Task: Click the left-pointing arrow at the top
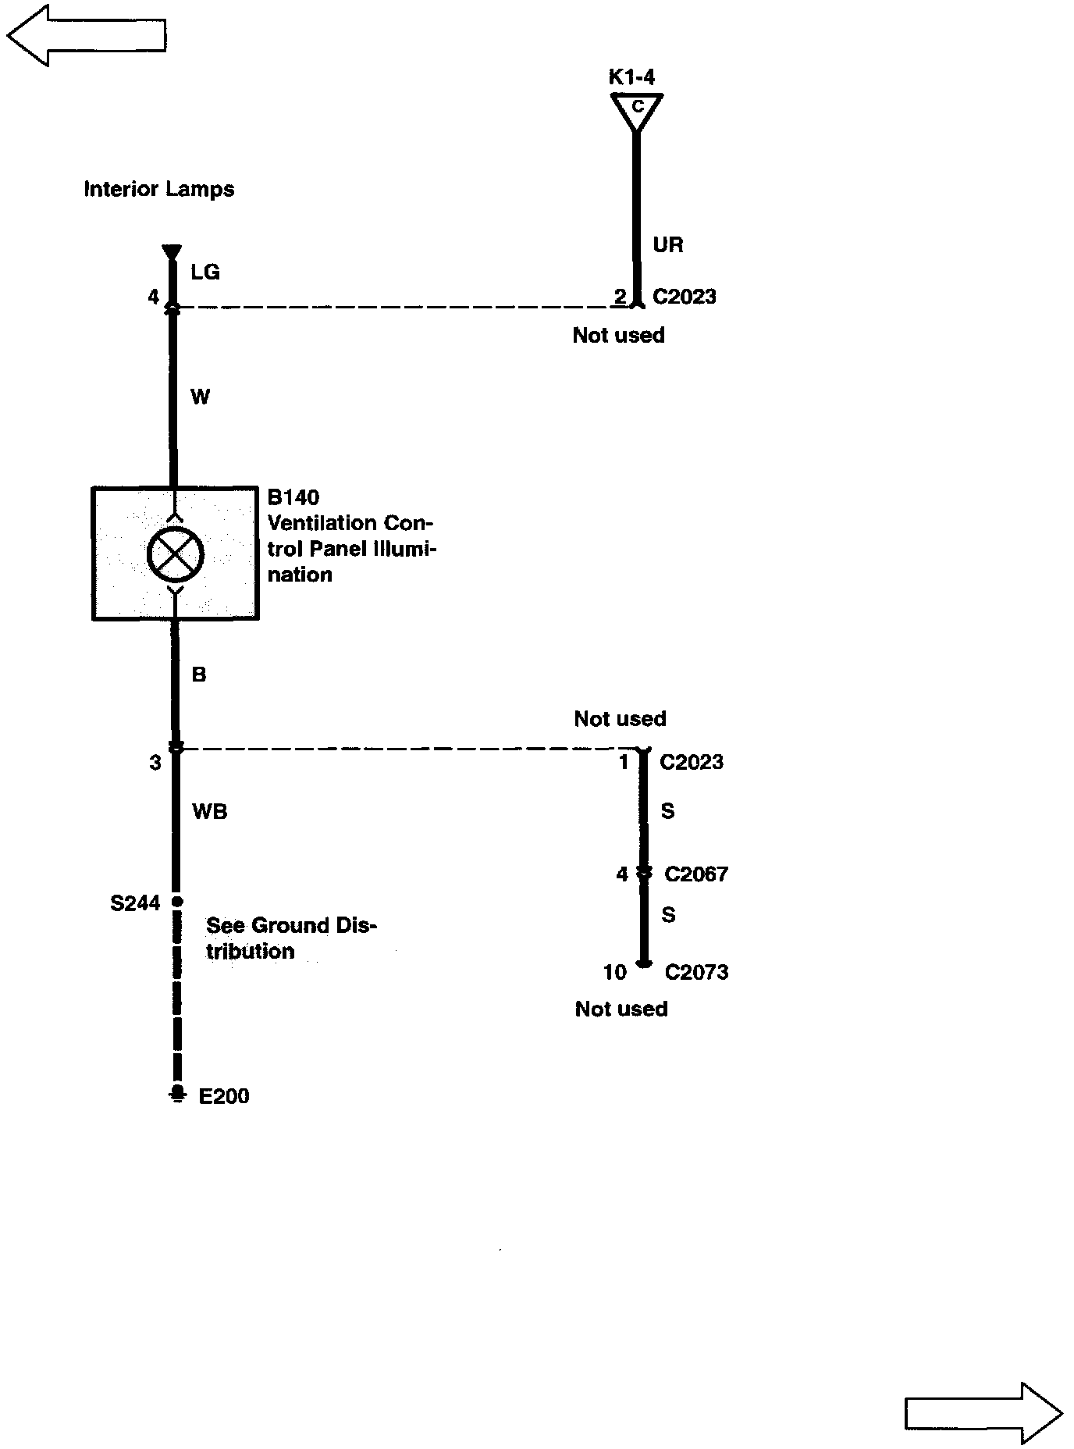86,35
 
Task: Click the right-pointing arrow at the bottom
983,1413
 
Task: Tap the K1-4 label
631,77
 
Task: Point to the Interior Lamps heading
159,190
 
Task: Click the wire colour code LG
205,272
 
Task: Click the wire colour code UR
668,245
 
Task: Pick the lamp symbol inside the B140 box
175,554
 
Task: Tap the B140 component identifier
293,497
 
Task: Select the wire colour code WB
209,812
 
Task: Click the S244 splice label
135,903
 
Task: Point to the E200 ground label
224,1096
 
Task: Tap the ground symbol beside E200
178,1093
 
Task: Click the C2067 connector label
696,874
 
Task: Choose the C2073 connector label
696,972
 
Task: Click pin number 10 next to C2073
615,972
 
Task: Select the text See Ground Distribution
290,938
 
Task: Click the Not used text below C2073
621,1009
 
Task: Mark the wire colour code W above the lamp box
201,397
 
